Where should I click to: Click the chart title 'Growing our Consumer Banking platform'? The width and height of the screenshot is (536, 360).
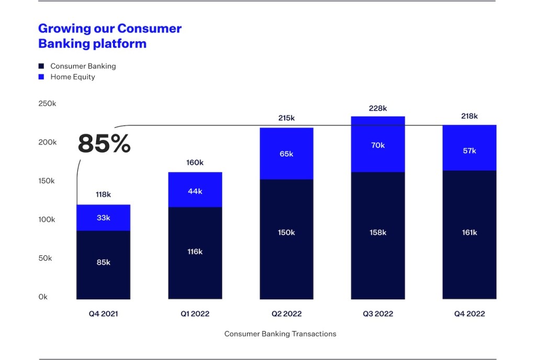tap(110, 36)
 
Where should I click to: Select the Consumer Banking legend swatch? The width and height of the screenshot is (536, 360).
tap(41, 66)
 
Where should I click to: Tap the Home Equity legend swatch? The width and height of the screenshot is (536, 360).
tap(41, 77)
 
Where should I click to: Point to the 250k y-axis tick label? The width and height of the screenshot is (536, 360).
tap(47, 104)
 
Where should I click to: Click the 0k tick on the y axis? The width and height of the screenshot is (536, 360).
tap(43, 297)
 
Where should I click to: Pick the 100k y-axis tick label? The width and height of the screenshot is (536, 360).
tap(47, 219)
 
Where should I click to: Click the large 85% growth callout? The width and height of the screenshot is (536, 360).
tap(104, 144)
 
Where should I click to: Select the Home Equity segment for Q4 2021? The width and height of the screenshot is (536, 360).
tap(104, 218)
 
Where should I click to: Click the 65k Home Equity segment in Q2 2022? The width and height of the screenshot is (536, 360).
tap(286, 154)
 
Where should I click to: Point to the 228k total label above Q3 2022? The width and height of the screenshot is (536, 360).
tap(378, 108)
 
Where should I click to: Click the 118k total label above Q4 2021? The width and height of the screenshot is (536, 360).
tap(103, 195)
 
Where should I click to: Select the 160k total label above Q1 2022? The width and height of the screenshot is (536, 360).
tap(195, 163)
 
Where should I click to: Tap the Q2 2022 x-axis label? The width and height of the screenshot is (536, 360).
tap(286, 314)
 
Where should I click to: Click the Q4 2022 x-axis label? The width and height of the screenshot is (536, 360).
tap(470, 314)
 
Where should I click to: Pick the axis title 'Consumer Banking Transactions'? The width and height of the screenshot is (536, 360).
tap(280, 334)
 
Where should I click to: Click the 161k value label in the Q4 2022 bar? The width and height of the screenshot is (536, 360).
tap(470, 232)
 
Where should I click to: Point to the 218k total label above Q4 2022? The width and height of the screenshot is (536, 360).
tap(470, 116)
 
